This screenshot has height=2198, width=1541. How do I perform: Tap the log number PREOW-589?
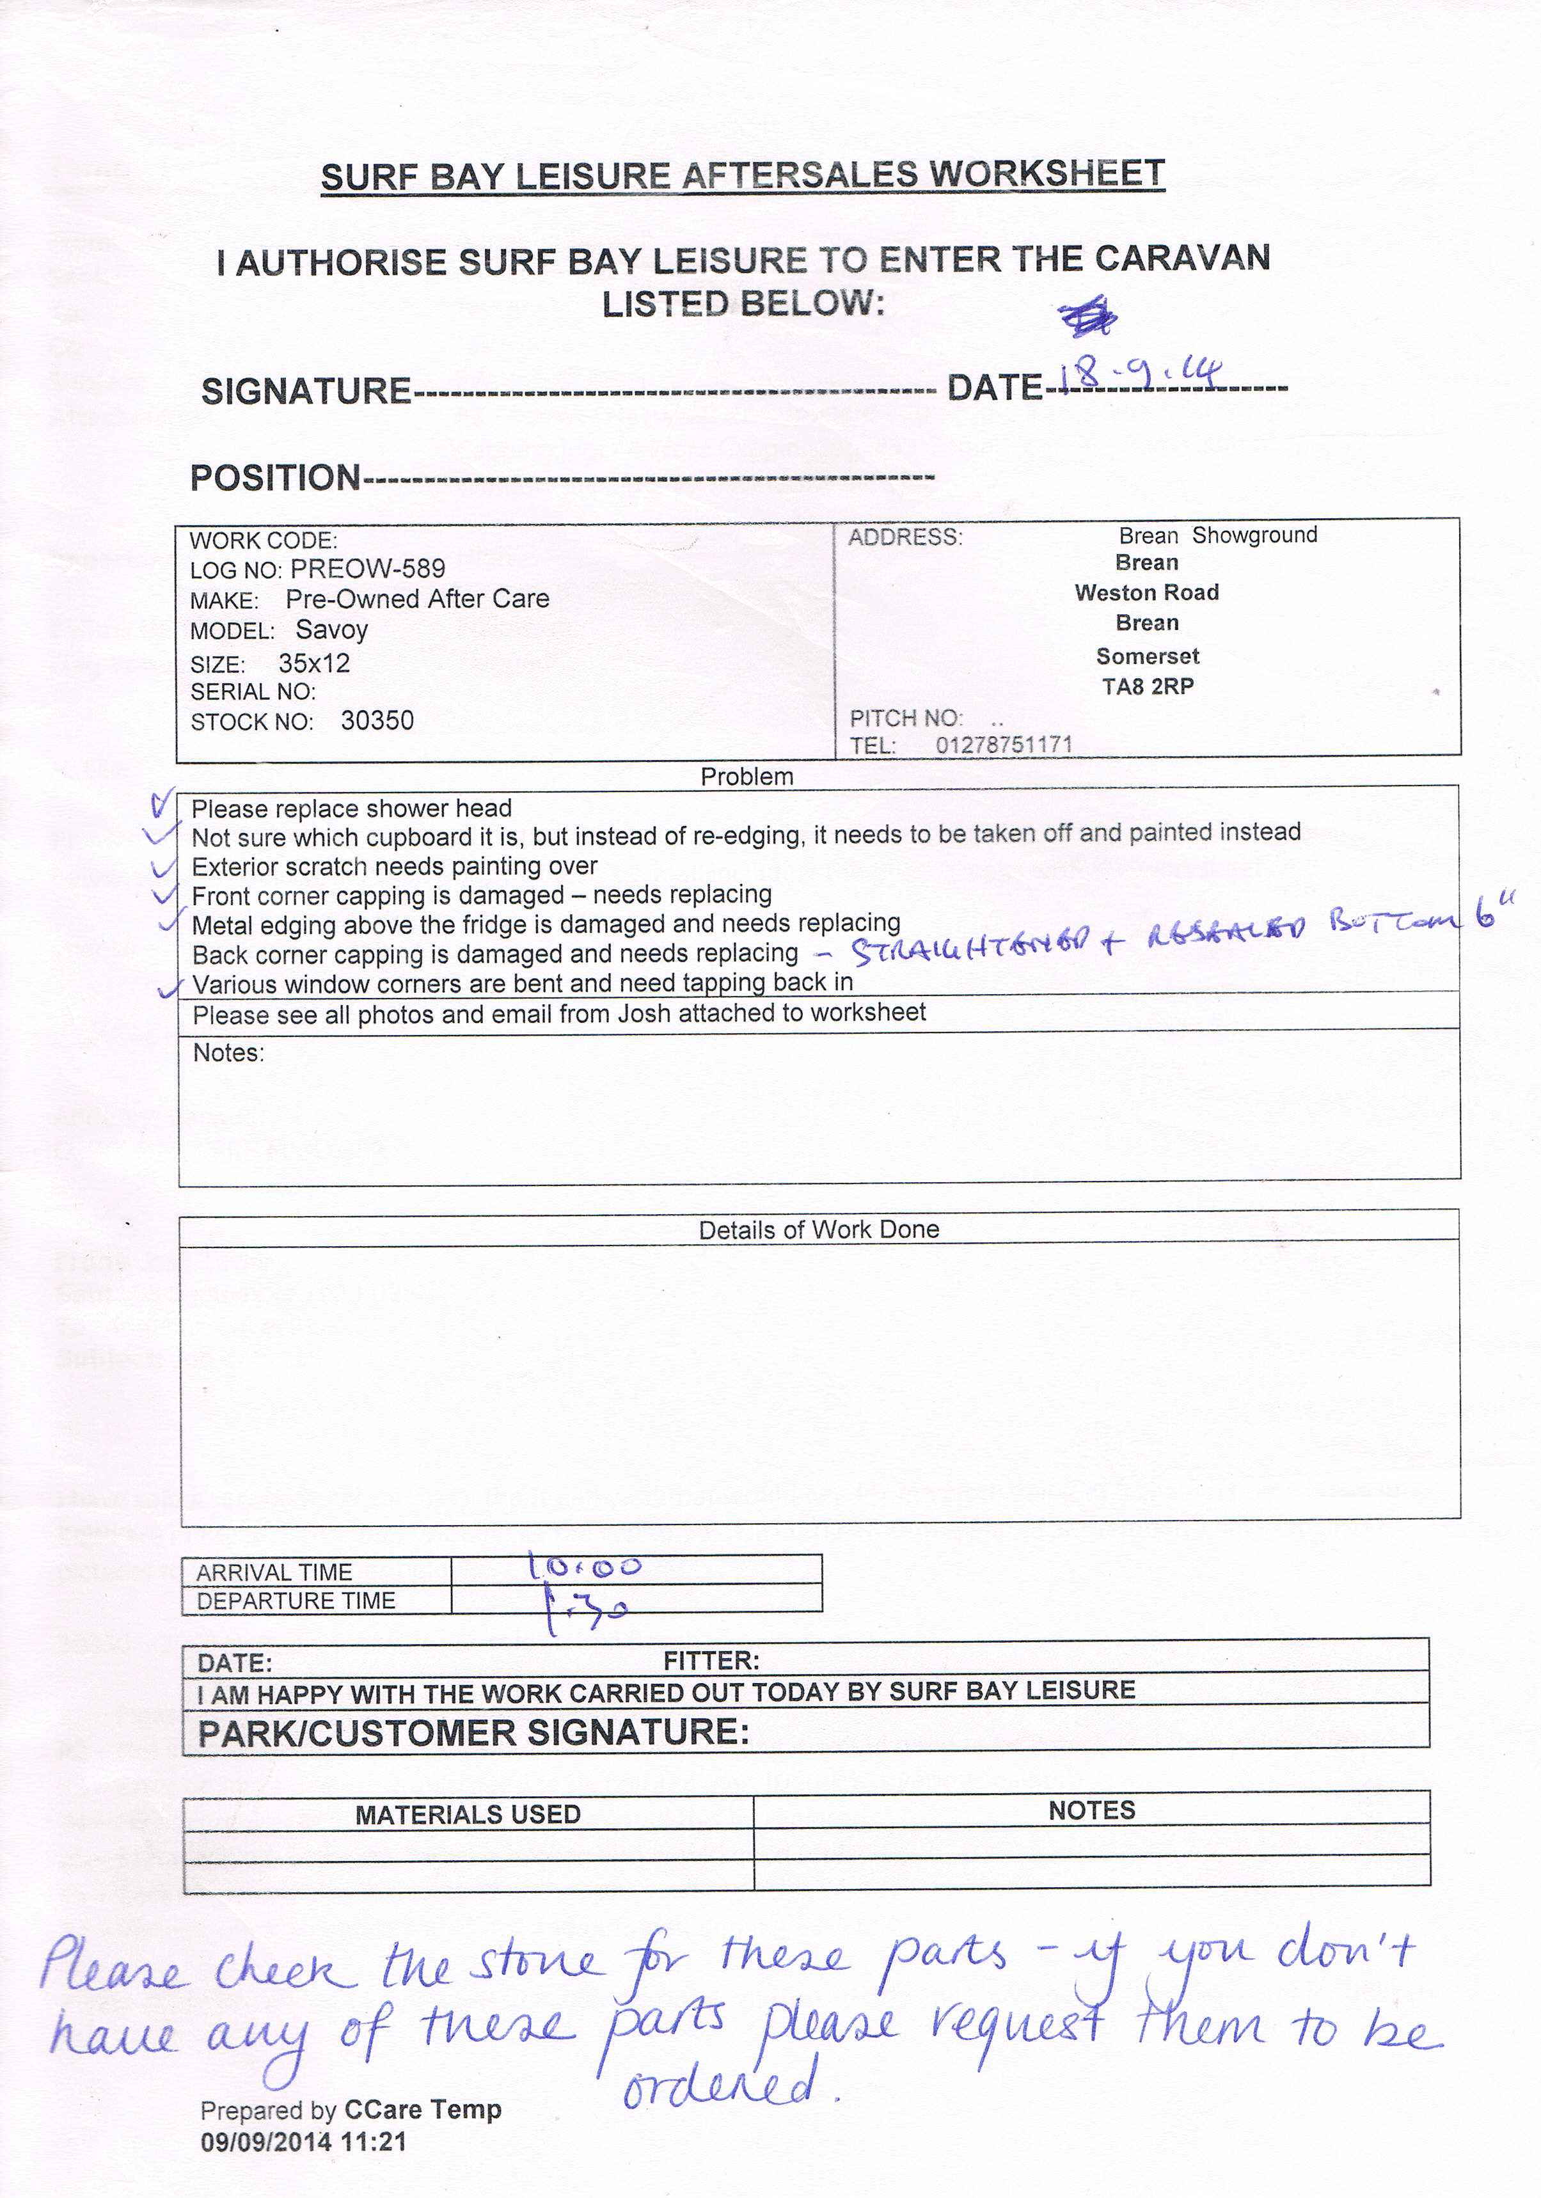coord(368,569)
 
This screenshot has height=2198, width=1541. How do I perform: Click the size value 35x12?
coord(314,663)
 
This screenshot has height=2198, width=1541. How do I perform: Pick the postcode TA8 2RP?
coord(1148,686)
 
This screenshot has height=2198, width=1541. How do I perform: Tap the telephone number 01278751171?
coord(1004,745)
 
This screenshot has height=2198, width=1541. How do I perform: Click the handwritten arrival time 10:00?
coord(585,1567)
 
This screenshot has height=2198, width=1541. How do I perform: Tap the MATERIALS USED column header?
coord(468,1814)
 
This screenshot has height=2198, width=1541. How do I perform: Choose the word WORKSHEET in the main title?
coord(1047,174)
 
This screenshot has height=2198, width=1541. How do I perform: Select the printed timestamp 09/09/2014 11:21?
coord(303,2142)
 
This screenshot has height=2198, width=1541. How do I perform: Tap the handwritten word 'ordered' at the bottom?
coord(723,2083)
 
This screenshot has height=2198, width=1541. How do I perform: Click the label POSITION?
coord(274,478)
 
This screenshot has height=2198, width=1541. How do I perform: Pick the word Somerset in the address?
coord(1148,656)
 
